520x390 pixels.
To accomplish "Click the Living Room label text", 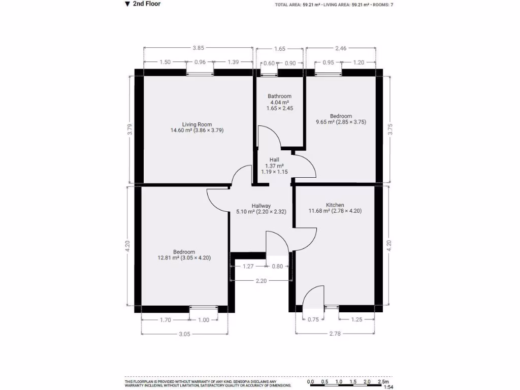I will [197, 124].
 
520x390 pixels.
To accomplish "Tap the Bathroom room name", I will [279, 96].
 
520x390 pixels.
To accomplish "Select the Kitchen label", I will [335, 205].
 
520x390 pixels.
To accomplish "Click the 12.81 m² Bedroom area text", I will [184, 258].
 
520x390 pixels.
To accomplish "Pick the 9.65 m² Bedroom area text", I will [340, 122].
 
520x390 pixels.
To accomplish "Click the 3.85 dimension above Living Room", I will [198, 49].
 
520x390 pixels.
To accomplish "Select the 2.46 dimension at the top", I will [341, 49].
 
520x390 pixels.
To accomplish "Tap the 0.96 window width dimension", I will [200, 62].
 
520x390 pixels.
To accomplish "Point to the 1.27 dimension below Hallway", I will [248, 266].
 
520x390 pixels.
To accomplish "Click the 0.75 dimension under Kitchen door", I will [313, 319].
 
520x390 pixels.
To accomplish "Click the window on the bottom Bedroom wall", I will [203, 308].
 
